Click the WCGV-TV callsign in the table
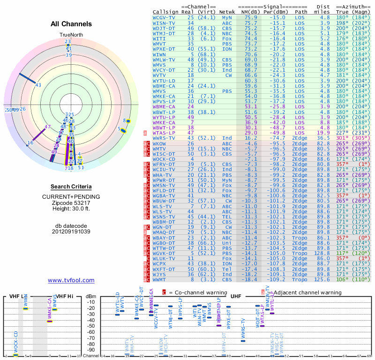(x=164, y=17)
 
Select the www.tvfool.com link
(x=71, y=280)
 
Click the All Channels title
(x=71, y=24)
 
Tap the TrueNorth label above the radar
(x=71, y=35)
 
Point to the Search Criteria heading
(x=71, y=187)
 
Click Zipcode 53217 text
(x=71, y=202)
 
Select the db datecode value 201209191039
(x=71, y=232)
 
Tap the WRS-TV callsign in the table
(x=164, y=138)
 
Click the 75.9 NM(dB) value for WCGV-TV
(x=250, y=17)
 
